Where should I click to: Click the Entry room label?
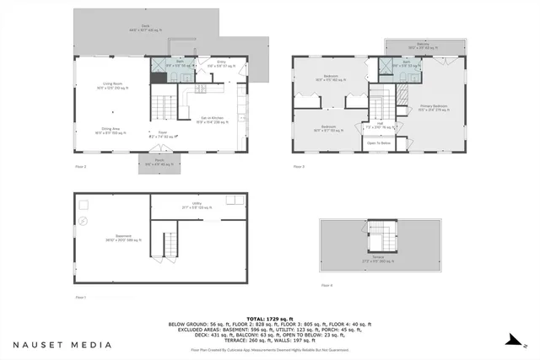(221, 63)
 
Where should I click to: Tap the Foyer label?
(165, 132)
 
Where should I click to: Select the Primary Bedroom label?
(435, 107)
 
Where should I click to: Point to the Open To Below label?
(379, 143)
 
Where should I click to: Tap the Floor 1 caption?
(81, 297)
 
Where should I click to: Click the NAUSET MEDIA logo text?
(62, 344)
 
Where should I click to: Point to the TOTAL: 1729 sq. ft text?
(269, 317)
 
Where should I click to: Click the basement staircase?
(170, 244)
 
